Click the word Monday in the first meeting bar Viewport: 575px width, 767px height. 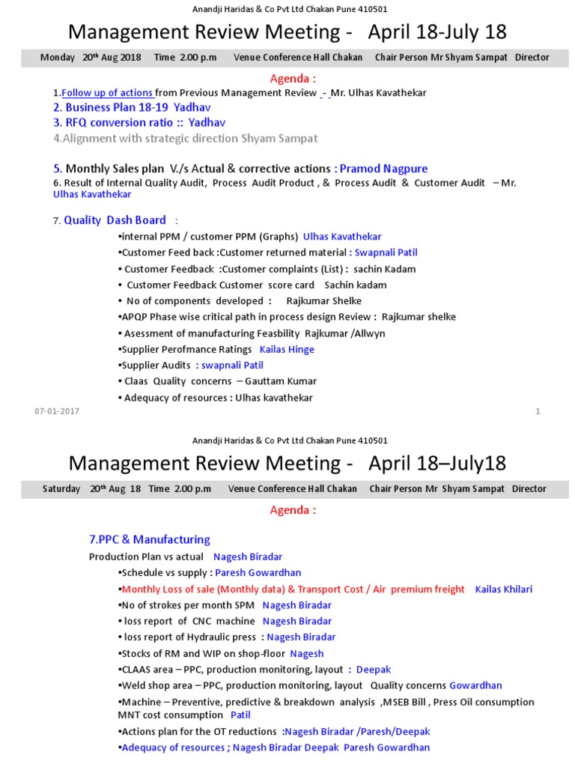pos(58,58)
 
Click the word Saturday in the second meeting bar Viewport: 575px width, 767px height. pos(61,489)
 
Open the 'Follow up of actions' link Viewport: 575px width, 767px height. pos(108,93)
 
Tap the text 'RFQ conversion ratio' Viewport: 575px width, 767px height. pos(120,122)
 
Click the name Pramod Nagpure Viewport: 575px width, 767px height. pos(383,169)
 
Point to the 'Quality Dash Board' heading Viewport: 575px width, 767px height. pos(115,220)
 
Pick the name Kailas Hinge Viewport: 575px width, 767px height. pos(287,349)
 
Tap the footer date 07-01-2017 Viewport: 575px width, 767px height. pos(57,411)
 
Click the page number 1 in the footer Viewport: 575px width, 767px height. pos(538,411)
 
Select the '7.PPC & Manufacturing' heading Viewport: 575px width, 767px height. pos(150,539)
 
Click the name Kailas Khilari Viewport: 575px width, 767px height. pos(504,589)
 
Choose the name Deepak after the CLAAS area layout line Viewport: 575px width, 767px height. pos(374,670)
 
